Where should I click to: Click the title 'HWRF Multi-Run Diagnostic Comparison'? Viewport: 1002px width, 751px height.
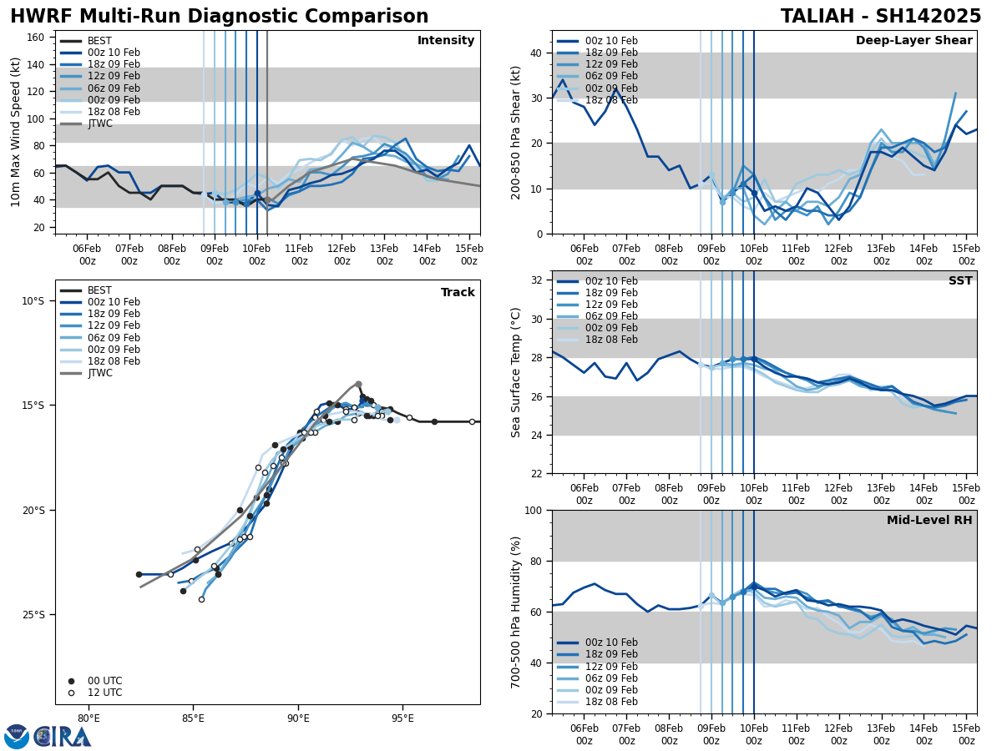[x=219, y=17]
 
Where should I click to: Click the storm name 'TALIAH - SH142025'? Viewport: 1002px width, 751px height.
[x=881, y=17]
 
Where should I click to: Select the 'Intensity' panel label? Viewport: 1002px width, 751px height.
[x=446, y=41]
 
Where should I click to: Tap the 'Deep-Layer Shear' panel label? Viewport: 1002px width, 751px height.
[x=913, y=41]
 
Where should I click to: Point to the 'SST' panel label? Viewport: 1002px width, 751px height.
[x=959, y=281]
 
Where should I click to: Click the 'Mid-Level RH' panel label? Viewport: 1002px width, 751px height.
[x=929, y=521]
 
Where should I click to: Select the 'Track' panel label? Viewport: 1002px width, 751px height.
[x=458, y=293]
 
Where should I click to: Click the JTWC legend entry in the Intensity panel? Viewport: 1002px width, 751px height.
[x=99, y=123]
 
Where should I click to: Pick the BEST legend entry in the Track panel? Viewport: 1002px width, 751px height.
[x=99, y=290]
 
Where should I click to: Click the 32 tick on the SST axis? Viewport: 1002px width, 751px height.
[x=537, y=280]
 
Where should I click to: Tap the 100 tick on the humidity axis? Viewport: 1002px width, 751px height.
[x=534, y=511]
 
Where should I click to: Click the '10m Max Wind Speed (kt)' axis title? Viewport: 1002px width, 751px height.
[x=16, y=132]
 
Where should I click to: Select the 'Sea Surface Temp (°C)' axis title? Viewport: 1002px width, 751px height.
[x=516, y=372]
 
